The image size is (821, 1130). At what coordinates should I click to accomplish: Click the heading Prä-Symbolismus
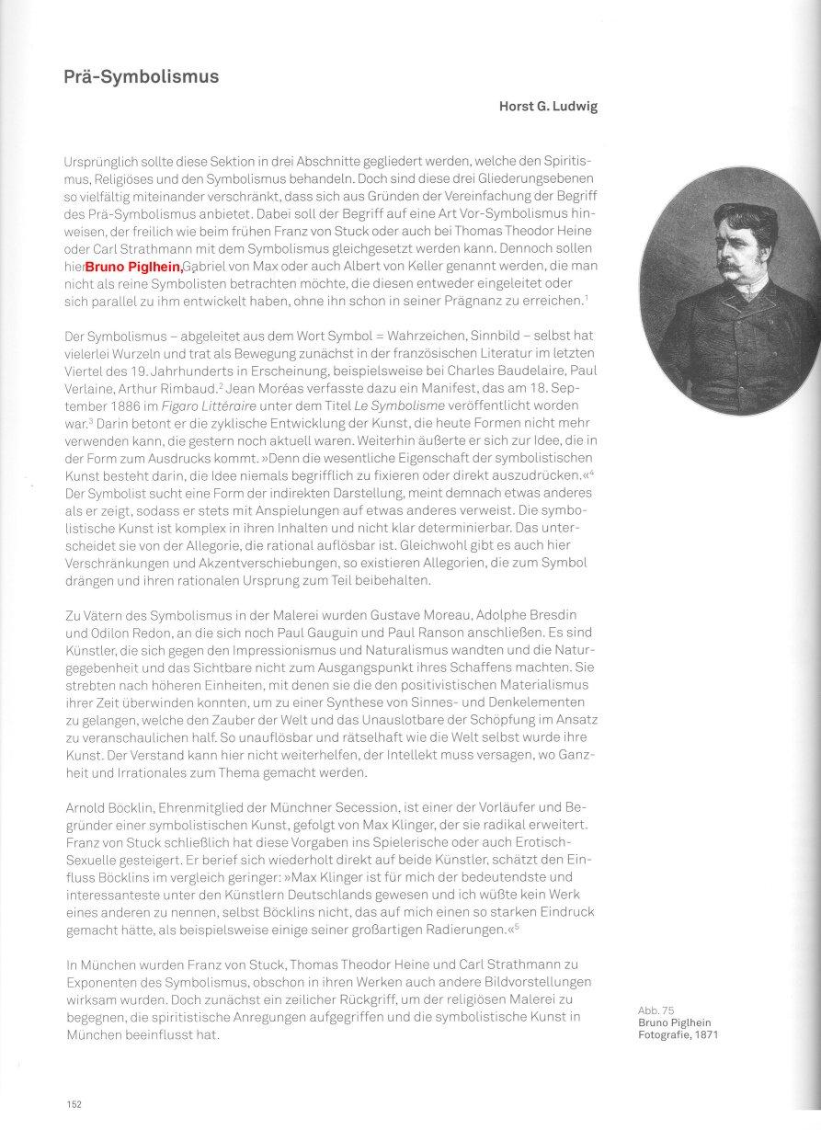(142, 77)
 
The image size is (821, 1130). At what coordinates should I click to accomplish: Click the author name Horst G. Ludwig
(548, 107)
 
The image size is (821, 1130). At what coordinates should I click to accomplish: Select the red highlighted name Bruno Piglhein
(133, 267)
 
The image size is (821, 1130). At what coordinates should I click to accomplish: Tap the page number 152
(74, 1103)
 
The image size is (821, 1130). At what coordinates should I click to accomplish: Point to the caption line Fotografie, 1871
(678, 1034)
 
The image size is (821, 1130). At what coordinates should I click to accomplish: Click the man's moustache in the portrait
(732, 265)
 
